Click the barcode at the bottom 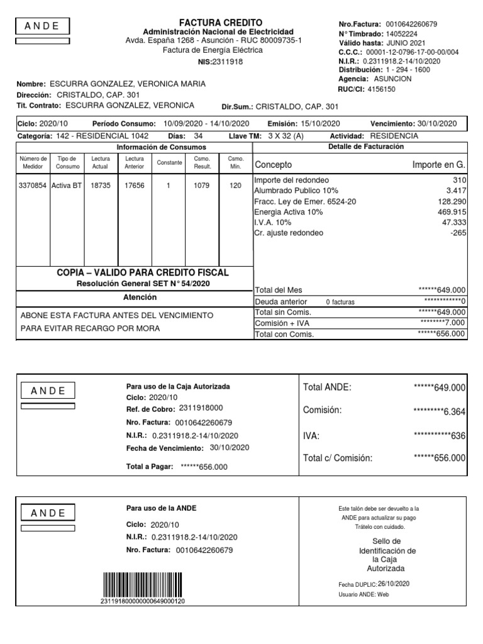pos(143,585)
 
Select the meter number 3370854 pos(33,186)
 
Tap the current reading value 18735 pos(100,186)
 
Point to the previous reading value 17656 pos(134,186)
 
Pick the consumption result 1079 pos(202,186)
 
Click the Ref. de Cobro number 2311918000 pos(201,409)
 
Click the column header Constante pos(169,162)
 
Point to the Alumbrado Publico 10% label pos(296,191)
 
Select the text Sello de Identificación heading pos(387,546)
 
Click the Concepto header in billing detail pos(273,165)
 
